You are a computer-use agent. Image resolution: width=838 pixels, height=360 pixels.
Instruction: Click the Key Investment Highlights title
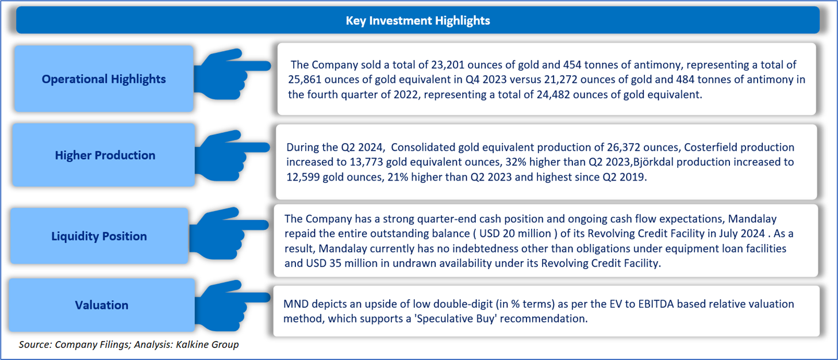pos(417,21)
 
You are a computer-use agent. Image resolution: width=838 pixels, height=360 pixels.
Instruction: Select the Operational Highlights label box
pos(103,79)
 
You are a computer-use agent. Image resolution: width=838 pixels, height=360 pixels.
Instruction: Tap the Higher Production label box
pos(103,155)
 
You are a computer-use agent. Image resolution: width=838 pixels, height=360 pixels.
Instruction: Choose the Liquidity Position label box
pos(99,236)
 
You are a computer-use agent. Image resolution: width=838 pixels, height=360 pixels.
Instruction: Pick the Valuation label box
pos(102,305)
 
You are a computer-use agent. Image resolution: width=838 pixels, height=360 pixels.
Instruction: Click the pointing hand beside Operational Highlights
pos(232,74)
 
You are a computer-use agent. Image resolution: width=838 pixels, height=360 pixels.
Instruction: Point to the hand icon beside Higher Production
pos(232,155)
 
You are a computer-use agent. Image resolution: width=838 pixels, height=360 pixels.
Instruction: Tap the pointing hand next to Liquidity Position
pos(229,233)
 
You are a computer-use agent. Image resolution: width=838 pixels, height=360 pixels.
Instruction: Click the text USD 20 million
pos(516,233)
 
